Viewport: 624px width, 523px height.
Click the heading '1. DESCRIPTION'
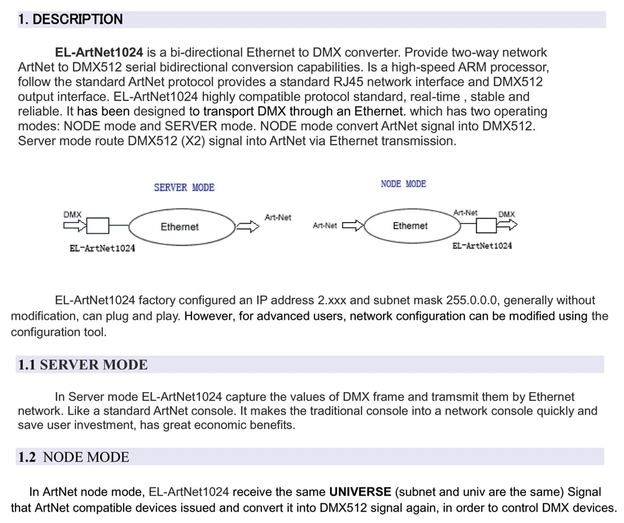(x=71, y=19)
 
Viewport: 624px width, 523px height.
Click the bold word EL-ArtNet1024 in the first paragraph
(x=99, y=52)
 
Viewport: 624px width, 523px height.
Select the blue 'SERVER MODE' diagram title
(x=184, y=187)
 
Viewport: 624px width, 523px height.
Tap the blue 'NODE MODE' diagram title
(x=403, y=184)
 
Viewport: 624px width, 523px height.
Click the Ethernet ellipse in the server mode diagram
(x=180, y=227)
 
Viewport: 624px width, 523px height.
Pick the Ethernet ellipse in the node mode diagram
(x=410, y=226)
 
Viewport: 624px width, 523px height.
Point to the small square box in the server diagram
(x=98, y=225)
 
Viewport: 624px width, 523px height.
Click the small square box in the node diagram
(x=486, y=226)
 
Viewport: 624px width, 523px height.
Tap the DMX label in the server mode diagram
(x=72, y=214)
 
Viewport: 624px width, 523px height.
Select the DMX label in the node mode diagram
(x=507, y=214)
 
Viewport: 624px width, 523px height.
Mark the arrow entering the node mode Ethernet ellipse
(x=353, y=226)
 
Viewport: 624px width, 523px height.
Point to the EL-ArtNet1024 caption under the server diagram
(x=102, y=248)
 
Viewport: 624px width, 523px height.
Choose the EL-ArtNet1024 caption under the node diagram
(x=482, y=246)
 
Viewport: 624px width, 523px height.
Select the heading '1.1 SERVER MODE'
(x=82, y=365)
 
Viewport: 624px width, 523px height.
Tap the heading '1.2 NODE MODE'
(x=73, y=457)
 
